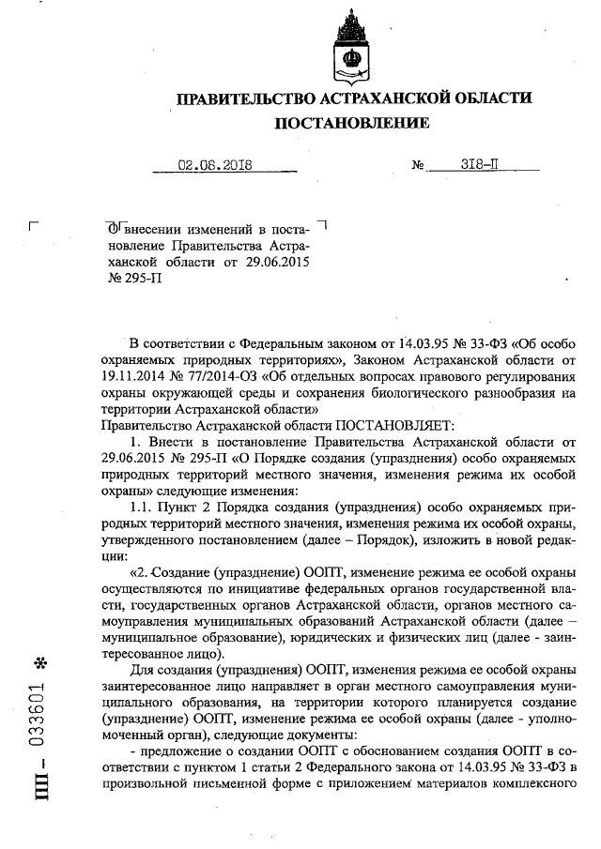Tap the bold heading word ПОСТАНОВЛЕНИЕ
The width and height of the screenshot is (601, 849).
point(352,123)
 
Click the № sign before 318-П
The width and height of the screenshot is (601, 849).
point(418,166)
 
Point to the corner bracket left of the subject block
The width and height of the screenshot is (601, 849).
point(35,225)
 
